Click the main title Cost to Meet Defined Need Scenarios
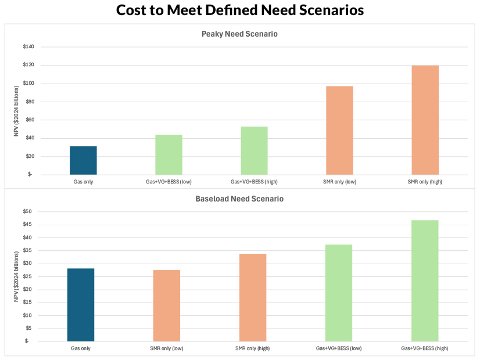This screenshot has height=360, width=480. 239,10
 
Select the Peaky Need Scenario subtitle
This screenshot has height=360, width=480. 239,34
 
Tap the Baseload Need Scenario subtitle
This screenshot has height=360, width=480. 239,199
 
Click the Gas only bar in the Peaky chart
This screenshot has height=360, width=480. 83,160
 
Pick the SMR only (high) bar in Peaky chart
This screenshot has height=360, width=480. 425,120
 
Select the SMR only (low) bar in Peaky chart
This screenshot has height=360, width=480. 339,130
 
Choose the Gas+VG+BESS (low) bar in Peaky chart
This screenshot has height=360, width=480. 169,154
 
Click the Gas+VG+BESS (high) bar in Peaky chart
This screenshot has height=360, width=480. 254,150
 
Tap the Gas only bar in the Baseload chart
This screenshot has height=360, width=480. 81,305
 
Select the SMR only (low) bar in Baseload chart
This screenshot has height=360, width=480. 167,305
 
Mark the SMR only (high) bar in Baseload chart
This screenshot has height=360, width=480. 253,297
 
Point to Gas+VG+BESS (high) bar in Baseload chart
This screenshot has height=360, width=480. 425,280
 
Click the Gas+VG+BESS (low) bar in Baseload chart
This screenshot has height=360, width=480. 339,293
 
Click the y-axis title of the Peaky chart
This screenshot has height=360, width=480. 17,110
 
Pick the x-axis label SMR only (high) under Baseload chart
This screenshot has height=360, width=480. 253,348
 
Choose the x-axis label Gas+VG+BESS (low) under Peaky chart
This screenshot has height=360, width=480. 169,182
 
